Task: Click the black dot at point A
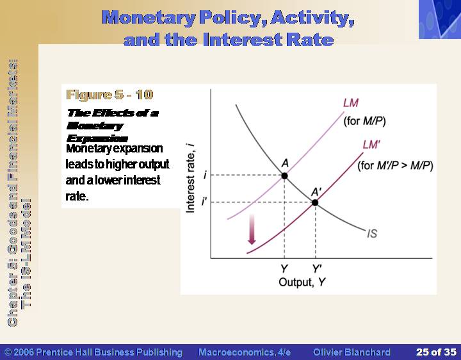click(x=284, y=176)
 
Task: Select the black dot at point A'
click(x=315, y=202)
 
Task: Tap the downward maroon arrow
click(x=252, y=229)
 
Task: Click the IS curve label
click(x=372, y=234)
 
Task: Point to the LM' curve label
click(x=371, y=145)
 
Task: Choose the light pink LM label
click(x=351, y=103)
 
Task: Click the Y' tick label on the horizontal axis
click(x=317, y=268)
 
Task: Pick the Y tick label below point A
click(x=284, y=268)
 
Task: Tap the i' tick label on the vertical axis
click(x=204, y=202)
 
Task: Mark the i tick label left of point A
click(x=205, y=176)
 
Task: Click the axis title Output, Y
click(x=302, y=282)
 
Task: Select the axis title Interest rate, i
click(x=191, y=177)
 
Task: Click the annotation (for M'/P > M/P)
click(x=395, y=166)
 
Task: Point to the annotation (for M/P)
click(x=364, y=121)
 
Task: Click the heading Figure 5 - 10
click(x=109, y=95)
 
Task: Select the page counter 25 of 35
click(x=436, y=352)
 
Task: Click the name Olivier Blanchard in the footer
click(x=352, y=352)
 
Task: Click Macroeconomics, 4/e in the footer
click(x=245, y=352)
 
